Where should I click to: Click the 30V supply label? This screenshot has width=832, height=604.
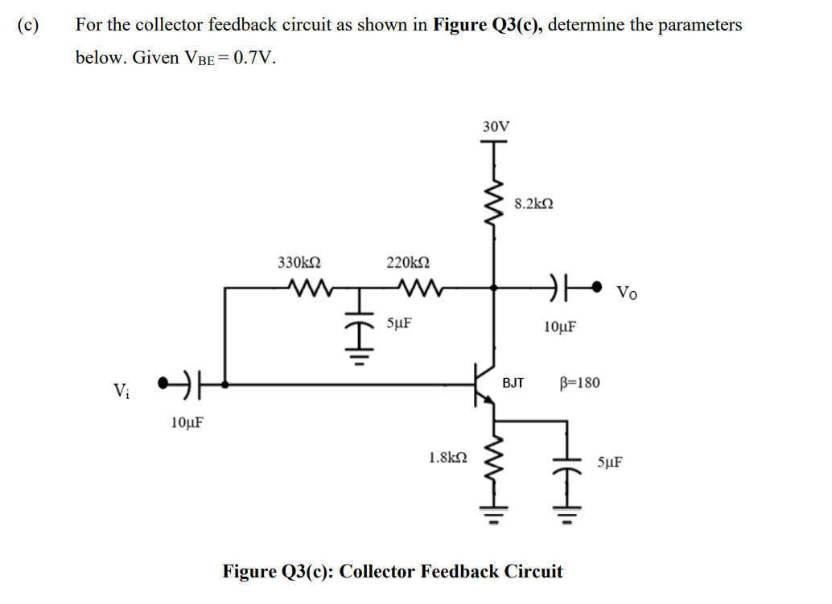tap(496, 126)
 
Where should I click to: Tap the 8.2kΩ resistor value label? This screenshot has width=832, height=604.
tap(533, 204)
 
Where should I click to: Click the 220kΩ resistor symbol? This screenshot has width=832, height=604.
tap(417, 286)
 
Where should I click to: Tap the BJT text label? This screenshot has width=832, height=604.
tap(513, 383)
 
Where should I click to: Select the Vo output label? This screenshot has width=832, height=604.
tap(628, 291)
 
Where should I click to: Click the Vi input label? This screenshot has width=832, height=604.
tap(122, 392)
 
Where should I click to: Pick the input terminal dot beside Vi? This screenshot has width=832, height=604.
tap(163, 383)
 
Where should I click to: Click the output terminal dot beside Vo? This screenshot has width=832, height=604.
tap(596, 286)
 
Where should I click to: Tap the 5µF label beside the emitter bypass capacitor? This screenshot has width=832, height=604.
tap(609, 462)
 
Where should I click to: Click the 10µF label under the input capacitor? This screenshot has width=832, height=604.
tap(187, 421)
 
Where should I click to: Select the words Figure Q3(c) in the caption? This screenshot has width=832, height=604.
tap(278, 572)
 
